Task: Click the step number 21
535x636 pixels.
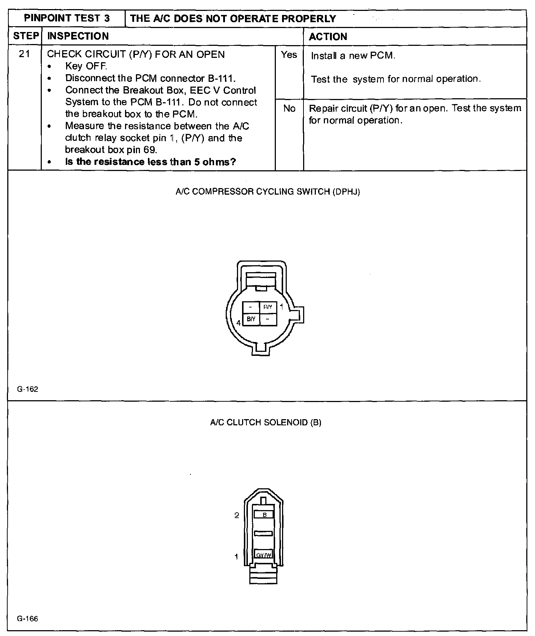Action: click(x=24, y=54)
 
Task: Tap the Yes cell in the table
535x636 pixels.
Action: click(x=289, y=55)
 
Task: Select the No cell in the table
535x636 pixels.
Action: click(x=289, y=108)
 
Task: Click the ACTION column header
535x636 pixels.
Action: click(x=328, y=36)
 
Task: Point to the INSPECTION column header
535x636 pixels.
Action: click(x=78, y=36)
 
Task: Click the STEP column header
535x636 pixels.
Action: click(x=25, y=36)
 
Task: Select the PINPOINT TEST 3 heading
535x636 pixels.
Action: click(x=67, y=19)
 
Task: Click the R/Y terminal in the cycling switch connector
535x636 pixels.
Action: click(x=268, y=307)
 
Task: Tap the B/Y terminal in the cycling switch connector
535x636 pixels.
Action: click(x=251, y=319)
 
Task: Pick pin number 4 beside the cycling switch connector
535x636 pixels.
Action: click(x=238, y=323)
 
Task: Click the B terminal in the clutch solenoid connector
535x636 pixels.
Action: click(x=265, y=514)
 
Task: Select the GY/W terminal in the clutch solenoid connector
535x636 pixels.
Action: click(x=264, y=555)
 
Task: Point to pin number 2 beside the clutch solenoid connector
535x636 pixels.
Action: click(x=237, y=515)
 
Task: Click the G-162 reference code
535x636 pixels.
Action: click(x=28, y=389)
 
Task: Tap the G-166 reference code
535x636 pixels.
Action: click(x=28, y=619)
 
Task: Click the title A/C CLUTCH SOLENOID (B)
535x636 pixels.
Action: click(x=266, y=422)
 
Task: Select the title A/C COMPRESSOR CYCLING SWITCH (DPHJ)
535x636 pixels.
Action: click(x=267, y=192)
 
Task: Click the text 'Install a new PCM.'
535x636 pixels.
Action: click(x=353, y=56)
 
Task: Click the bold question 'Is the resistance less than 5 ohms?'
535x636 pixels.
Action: click(x=150, y=162)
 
